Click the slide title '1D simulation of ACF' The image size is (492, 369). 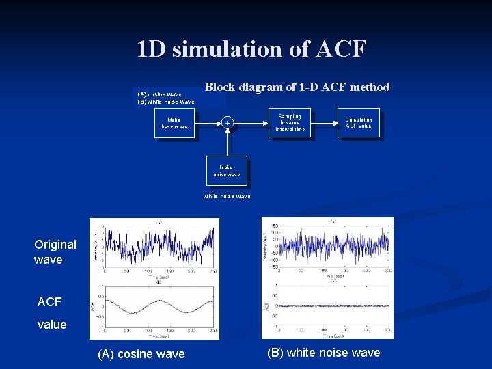tap(251, 49)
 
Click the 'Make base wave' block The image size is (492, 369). tap(174, 123)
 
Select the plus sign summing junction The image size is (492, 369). tap(227, 123)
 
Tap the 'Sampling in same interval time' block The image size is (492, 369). tap(290, 122)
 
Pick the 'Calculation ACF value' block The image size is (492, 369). tap(358, 122)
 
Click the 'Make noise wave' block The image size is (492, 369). tap(226, 170)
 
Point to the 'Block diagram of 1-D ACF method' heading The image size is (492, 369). tap(297, 87)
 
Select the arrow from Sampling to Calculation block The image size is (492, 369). tap(324, 123)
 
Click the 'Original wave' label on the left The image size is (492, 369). tap(55, 252)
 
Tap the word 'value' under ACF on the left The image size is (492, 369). tap(52, 325)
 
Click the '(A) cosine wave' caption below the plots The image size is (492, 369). tap(141, 354)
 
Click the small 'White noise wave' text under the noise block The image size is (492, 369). tap(226, 196)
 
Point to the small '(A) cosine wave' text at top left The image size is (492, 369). tap(159, 94)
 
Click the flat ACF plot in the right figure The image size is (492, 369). tap(331, 305)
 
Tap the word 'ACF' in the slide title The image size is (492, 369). tap(342, 49)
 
